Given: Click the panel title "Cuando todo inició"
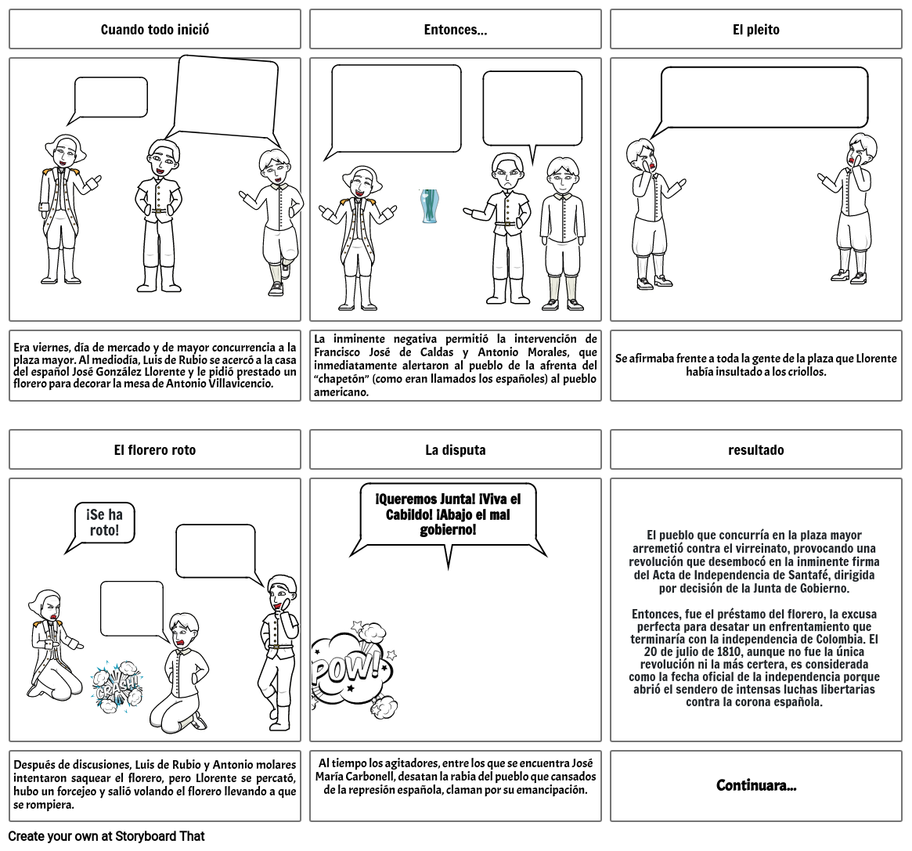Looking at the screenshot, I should (155, 30).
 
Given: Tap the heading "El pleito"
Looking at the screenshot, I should (755, 30).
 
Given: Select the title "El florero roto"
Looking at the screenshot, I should (155, 450).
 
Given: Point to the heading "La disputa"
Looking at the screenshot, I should (455, 450).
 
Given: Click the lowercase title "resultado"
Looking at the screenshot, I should (755, 450).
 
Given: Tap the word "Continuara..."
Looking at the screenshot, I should (755, 785).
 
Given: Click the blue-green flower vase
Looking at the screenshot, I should (429, 206).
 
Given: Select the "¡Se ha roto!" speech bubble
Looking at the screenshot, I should (104, 522).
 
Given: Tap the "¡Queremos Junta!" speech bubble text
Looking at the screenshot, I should (447, 514).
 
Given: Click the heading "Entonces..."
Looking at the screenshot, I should (455, 30).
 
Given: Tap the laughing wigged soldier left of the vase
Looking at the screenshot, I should (359, 235).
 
